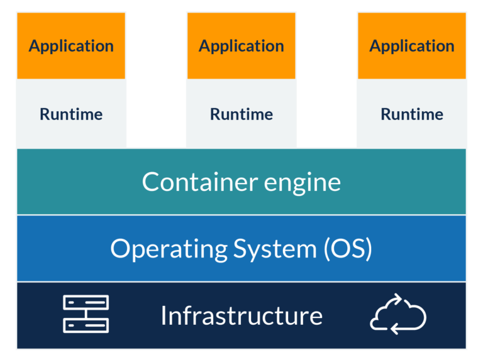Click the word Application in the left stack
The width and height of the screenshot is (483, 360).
pos(71,46)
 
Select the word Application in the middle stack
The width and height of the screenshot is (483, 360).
pos(241,46)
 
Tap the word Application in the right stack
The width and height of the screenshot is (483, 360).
pos(412,46)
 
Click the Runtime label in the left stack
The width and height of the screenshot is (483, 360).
pos(71,114)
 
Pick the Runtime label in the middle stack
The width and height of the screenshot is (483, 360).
pos(241,114)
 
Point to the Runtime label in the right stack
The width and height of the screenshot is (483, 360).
pos(412,114)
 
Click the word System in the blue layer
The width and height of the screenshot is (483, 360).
pos(276,249)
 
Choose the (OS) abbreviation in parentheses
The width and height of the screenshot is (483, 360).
pos(348,249)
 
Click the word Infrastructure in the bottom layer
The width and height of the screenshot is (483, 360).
pos(241,315)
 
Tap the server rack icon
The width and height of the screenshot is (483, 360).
pos(86,314)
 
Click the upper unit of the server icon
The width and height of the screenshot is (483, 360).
pos(86,302)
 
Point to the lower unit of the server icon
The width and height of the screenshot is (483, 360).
pos(86,325)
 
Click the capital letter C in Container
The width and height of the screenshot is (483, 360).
pos(150,182)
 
